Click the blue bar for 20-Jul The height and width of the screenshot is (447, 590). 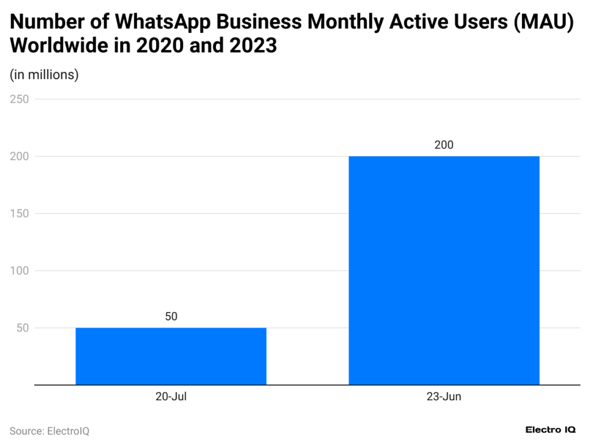(x=171, y=356)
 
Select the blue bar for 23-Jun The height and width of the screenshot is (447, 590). (x=444, y=270)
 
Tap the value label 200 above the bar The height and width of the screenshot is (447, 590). (x=444, y=145)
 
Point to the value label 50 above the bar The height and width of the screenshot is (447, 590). (x=171, y=317)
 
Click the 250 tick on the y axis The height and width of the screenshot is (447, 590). (x=20, y=99)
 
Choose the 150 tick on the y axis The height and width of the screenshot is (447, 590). (x=20, y=213)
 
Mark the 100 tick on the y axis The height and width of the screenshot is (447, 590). (x=20, y=271)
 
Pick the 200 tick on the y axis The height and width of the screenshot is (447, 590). (x=20, y=156)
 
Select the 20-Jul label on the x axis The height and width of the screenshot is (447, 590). (x=171, y=397)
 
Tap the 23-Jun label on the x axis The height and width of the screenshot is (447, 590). (x=444, y=397)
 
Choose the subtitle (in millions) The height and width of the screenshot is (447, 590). (x=44, y=74)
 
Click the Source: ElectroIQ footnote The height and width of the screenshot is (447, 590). (x=50, y=431)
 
